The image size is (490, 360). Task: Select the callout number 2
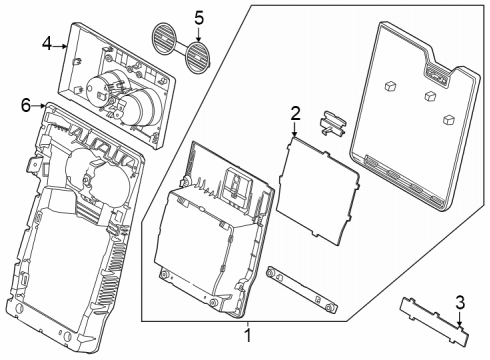(x=295, y=112)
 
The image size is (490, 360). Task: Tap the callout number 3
(x=459, y=302)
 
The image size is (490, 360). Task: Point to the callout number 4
(x=47, y=43)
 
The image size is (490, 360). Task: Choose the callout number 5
(x=198, y=17)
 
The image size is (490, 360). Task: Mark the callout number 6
(x=25, y=104)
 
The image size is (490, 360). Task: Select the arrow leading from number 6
(x=38, y=104)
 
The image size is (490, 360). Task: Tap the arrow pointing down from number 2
(x=295, y=129)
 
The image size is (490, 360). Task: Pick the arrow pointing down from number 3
(x=459, y=318)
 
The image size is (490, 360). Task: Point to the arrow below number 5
(x=198, y=33)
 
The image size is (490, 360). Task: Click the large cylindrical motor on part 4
(x=144, y=104)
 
